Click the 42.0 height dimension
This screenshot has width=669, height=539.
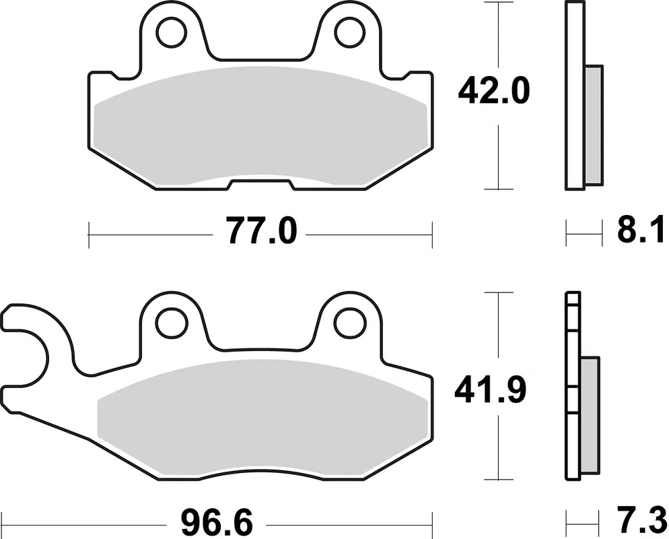coord(493,91)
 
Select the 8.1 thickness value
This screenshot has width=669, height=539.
coord(641,229)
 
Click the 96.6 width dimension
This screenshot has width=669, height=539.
coord(217,522)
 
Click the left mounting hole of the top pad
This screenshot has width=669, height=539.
coord(172,32)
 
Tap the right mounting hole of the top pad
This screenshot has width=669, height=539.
coord(350,32)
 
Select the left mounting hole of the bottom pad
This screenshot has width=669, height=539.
coord(172,323)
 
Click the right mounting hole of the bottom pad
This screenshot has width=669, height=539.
coord(350,323)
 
